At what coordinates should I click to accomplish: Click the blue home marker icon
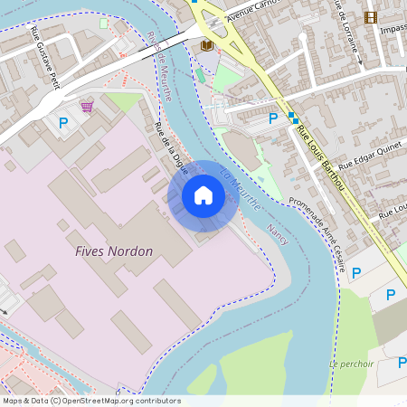pos(203,195)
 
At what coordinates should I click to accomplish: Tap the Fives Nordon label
pos(114,251)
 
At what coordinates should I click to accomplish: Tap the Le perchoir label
pos(352,364)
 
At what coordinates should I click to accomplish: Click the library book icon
pos(206,43)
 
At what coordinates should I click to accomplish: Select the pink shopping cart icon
pos(87,107)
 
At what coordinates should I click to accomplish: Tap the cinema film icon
pos(370,17)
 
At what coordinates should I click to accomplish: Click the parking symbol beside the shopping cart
pos(63,122)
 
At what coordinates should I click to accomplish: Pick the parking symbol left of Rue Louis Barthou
pos(273,118)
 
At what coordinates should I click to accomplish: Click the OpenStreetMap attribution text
pos(90,401)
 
